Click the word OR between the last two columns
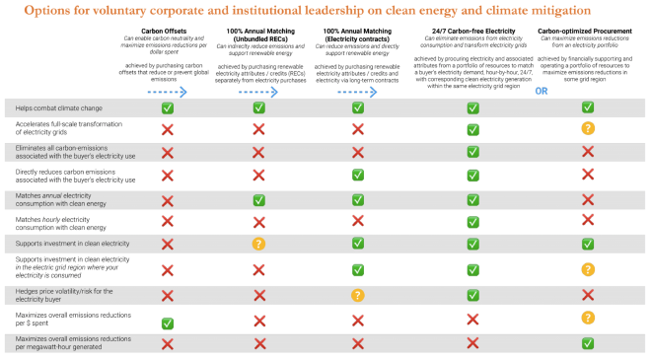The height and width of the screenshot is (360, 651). pos(541,91)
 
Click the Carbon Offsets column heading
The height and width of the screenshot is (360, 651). pos(167,31)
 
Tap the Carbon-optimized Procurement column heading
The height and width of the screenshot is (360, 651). pos(586,31)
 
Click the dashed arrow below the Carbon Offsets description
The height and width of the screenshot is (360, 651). pos(167,91)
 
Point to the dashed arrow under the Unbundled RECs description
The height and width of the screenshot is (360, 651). pos(259,91)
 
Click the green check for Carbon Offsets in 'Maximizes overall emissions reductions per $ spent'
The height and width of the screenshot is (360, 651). pos(167,323)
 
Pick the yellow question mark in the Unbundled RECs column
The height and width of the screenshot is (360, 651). pos(259,244)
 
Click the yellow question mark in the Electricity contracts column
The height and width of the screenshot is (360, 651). pos(357,294)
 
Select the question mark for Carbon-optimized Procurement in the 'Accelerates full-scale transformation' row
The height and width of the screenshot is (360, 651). pos(588,128)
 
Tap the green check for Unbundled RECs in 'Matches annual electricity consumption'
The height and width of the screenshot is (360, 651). pos(259,199)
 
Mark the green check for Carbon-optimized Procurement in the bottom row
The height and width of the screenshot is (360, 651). pos(588,343)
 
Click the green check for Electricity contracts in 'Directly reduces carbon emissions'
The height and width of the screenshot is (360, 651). pos(357,175)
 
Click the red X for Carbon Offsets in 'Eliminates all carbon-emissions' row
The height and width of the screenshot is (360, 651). pos(167,152)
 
